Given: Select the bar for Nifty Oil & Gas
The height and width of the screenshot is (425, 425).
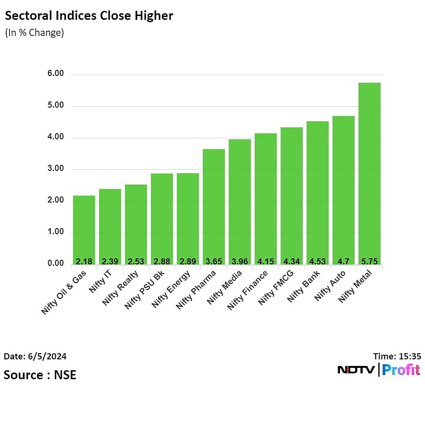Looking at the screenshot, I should click(x=84, y=229).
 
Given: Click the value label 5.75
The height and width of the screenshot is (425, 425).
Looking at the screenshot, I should click(x=369, y=261).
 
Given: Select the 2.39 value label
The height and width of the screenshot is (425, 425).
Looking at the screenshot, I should click(x=110, y=261).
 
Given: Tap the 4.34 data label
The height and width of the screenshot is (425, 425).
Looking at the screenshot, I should click(x=291, y=261).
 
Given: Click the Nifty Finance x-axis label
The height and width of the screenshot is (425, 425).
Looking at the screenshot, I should click(x=248, y=290).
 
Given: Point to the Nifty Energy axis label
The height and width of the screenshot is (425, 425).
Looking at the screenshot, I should click(x=172, y=289).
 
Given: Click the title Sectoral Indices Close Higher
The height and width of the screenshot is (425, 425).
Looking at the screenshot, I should click(x=89, y=16).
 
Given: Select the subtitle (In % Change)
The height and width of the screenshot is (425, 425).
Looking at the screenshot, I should click(x=34, y=33).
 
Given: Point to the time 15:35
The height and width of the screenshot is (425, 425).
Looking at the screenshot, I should click(x=396, y=357).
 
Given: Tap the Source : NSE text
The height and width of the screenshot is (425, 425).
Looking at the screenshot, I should click(x=40, y=375).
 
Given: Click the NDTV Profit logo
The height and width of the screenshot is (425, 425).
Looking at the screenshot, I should click(x=379, y=370).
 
